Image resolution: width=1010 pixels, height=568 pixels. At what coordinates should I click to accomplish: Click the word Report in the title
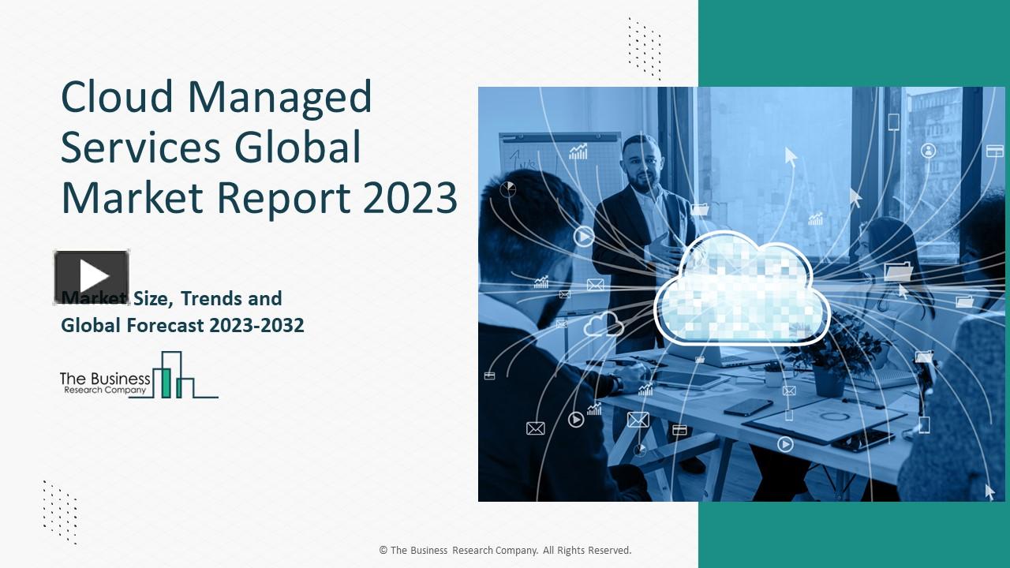284,199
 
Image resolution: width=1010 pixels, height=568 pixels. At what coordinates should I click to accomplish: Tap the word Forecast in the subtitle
166,325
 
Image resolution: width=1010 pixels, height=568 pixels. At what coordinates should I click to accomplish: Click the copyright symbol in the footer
383,550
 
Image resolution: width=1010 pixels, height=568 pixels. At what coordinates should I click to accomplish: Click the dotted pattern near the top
644,47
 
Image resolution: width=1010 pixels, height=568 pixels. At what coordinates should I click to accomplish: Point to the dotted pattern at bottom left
60,511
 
